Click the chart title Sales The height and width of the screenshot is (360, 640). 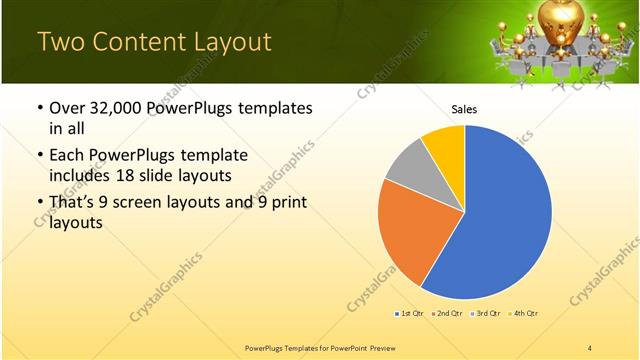click(464, 108)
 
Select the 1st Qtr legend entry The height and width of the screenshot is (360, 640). click(410, 314)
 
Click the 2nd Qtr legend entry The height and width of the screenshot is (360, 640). click(447, 314)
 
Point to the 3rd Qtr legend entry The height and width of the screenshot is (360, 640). click(486, 314)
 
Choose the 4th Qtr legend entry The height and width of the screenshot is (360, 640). click(524, 314)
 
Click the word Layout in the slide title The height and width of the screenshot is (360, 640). click(225, 42)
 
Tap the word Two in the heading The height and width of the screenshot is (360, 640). click(59, 42)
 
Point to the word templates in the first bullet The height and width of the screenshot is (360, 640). click(274, 109)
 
